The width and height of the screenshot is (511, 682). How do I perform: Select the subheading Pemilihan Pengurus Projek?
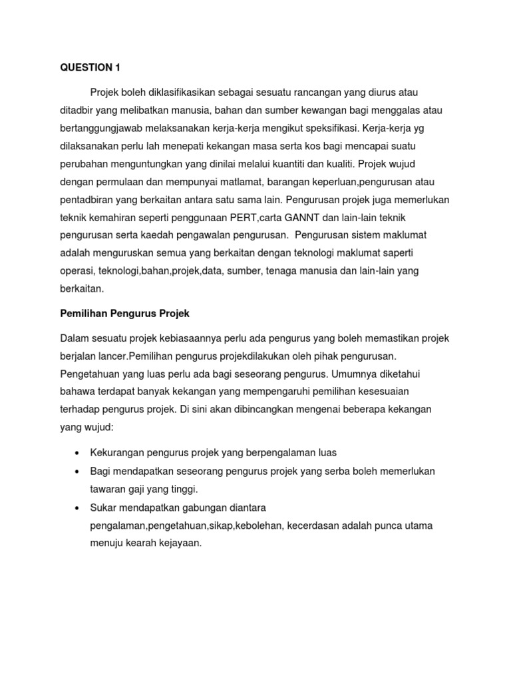(x=125, y=313)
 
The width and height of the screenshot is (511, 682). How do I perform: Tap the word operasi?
(x=78, y=271)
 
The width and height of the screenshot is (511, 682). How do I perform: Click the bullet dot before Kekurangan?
(x=77, y=453)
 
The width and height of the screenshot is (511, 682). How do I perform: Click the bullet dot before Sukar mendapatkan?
(x=77, y=507)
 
